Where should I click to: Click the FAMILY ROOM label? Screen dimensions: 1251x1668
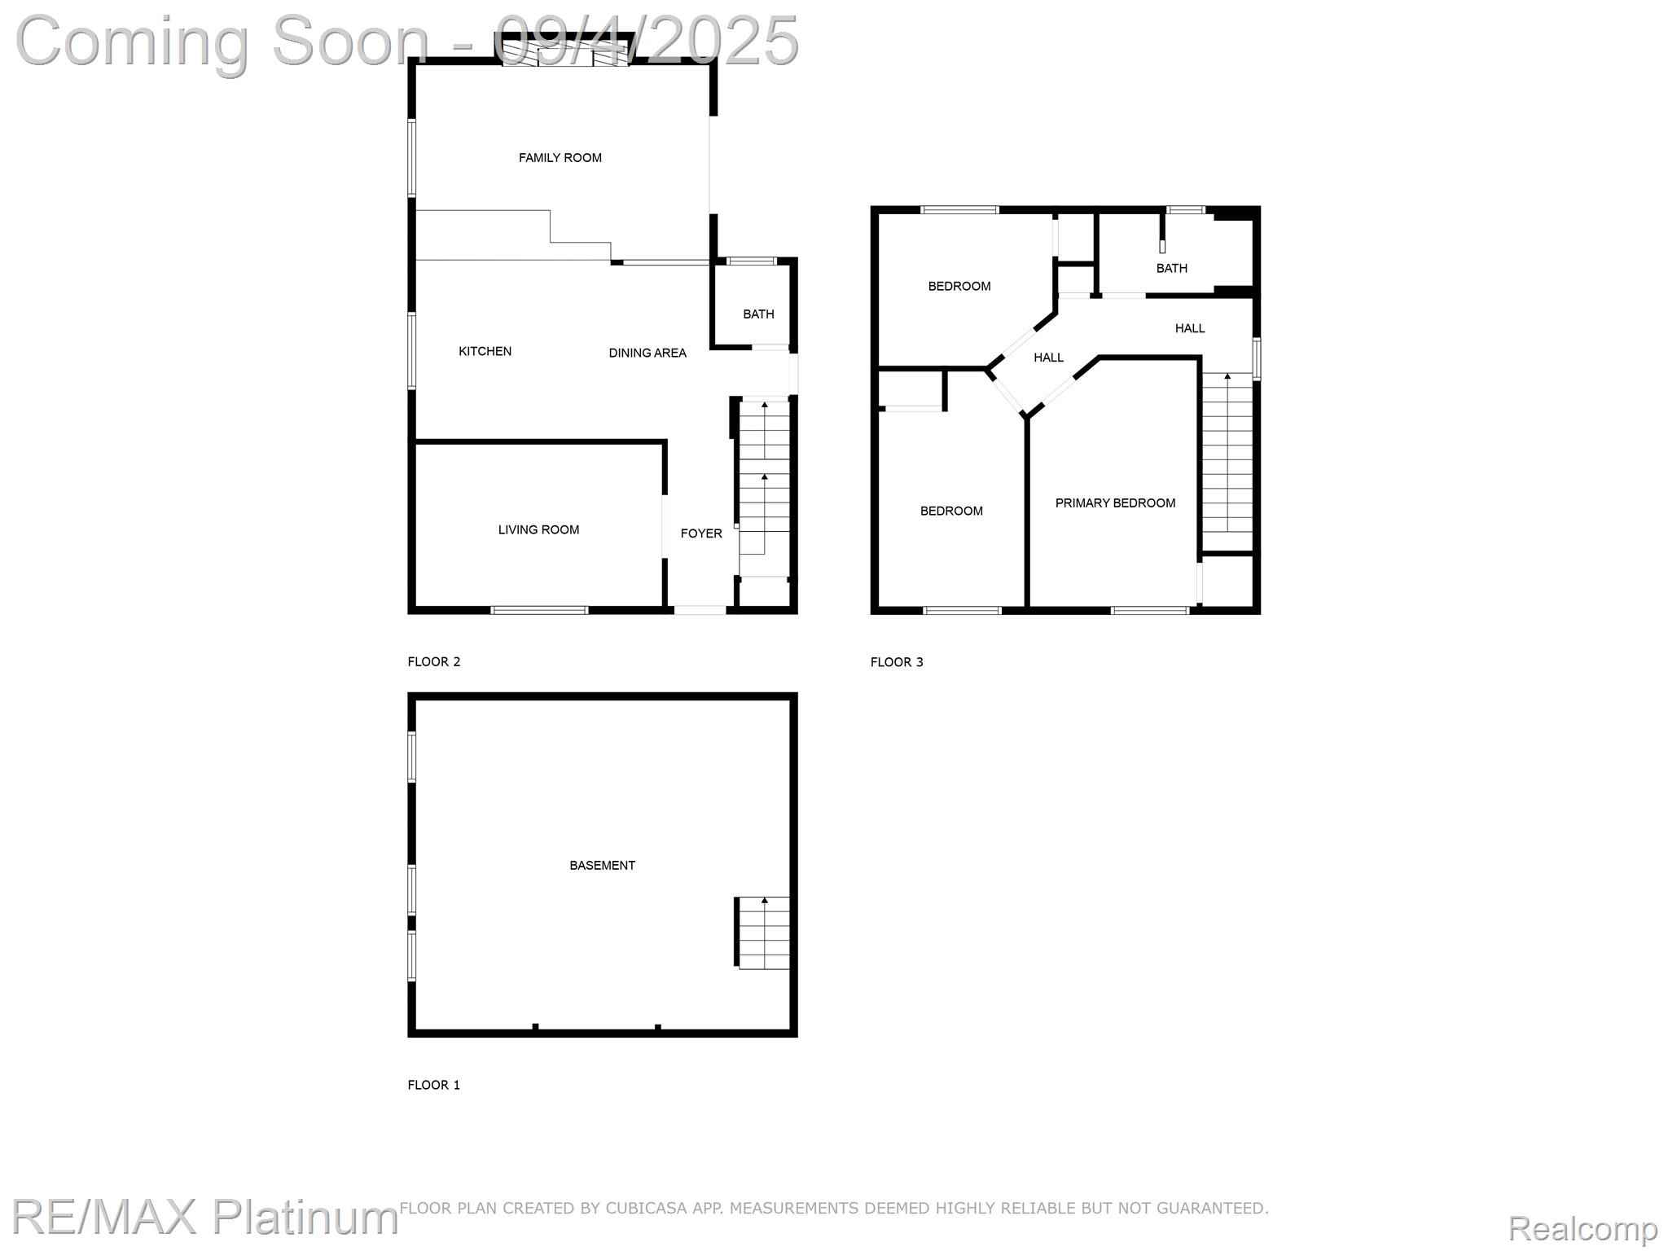click(x=560, y=158)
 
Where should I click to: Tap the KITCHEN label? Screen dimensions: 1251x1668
click(x=485, y=352)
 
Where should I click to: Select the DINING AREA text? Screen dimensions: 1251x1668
click(x=647, y=353)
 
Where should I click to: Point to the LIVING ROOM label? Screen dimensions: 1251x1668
click(x=538, y=530)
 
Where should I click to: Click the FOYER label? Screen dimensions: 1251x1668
click(x=701, y=533)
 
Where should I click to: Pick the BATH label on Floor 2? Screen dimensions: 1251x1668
click(x=758, y=314)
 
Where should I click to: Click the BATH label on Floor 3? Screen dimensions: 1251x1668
click(x=1172, y=269)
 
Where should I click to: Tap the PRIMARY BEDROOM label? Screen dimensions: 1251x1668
click(x=1115, y=503)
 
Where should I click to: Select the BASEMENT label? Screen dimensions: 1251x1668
click(x=602, y=866)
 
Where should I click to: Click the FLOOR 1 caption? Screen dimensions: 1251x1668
click(x=434, y=1085)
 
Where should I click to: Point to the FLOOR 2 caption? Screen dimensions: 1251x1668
click(x=434, y=662)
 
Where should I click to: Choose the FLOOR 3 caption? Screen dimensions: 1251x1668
click(x=897, y=662)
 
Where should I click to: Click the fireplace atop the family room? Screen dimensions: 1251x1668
click(x=564, y=51)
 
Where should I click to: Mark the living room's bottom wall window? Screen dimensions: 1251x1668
click(x=539, y=610)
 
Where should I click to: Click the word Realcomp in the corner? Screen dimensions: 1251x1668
click(x=1582, y=1229)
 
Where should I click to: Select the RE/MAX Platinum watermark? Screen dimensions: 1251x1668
click(x=204, y=1218)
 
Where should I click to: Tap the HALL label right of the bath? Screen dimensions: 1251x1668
click(x=1190, y=329)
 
